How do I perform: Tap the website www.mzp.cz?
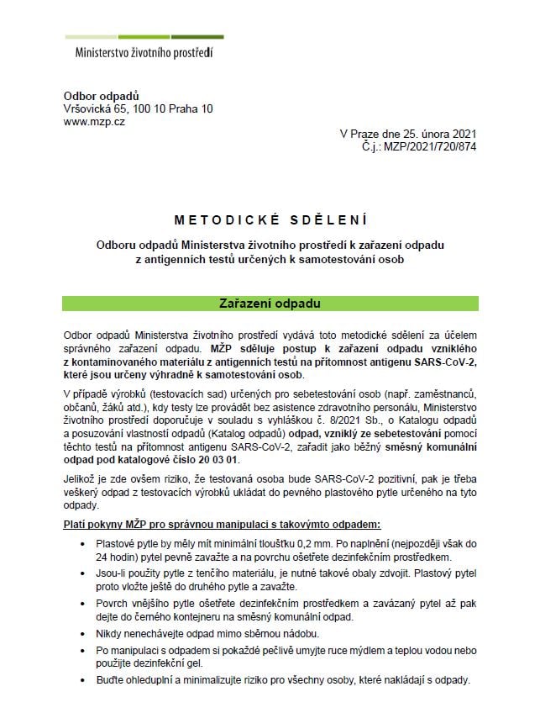click(94, 122)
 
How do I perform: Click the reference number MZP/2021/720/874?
click(429, 145)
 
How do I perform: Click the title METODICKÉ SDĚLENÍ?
click(270, 220)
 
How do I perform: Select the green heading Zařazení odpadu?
click(270, 302)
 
